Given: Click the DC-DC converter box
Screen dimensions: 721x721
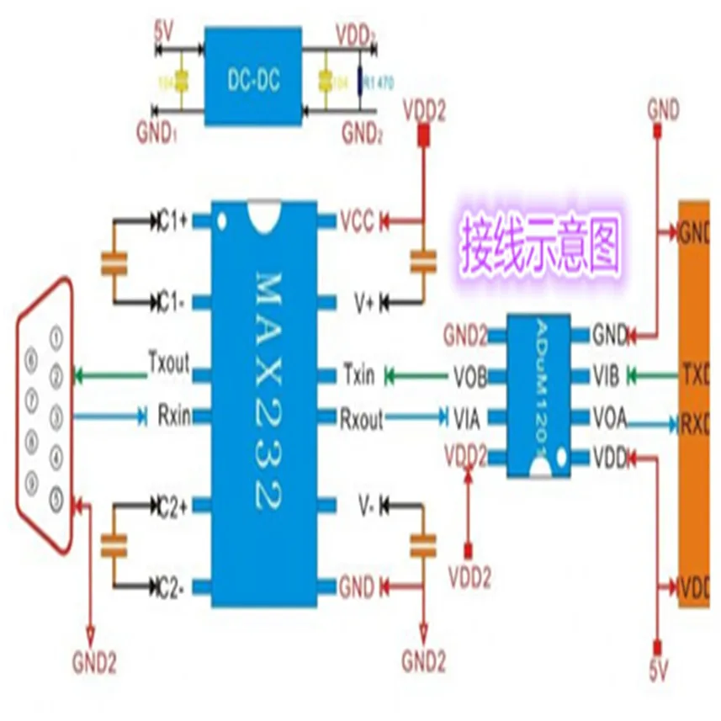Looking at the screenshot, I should (x=253, y=82).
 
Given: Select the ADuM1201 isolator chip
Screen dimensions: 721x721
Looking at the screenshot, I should (x=539, y=396).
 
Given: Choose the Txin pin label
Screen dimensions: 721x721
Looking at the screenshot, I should (x=358, y=374).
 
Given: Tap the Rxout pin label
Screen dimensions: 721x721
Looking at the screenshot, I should (x=363, y=414).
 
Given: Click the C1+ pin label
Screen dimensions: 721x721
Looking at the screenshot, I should (x=173, y=220).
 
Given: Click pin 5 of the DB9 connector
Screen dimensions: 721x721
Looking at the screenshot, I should (x=56, y=500).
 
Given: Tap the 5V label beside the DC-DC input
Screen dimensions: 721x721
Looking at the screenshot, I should (x=166, y=37).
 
